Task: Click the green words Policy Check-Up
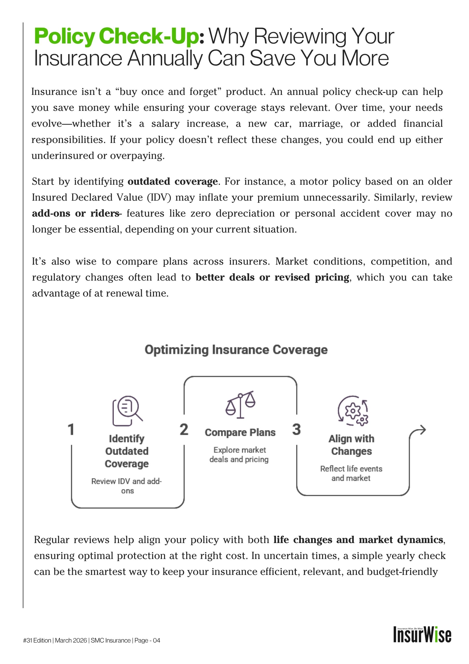pos(117,37)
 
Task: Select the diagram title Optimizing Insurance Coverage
pos(236,350)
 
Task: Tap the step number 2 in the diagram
pos(184,430)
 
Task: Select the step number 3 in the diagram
pos(297,430)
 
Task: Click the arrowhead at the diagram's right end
pos(422,430)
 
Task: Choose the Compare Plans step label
pos(240,433)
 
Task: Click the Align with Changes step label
pos(352,445)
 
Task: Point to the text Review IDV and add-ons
pos(127,486)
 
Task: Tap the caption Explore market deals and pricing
pos(239,455)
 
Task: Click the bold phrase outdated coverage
pos(172,182)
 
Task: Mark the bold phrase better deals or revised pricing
pos(272,277)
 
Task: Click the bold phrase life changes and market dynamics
pos(358,540)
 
